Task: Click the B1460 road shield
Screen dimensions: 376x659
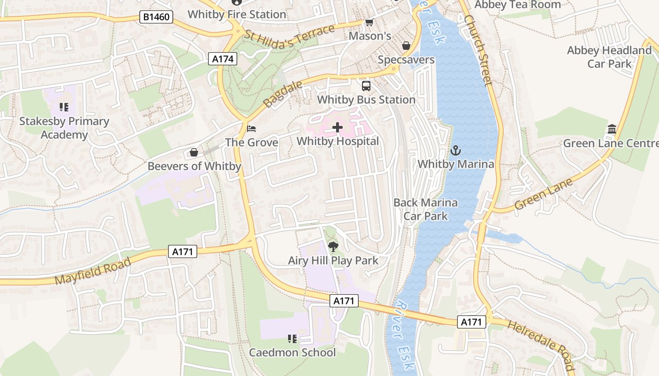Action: pyautogui.click(x=157, y=17)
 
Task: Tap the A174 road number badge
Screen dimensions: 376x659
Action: pyautogui.click(x=223, y=59)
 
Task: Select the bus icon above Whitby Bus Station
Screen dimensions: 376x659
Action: pyautogui.click(x=366, y=86)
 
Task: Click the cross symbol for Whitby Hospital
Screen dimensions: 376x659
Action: pyautogui.click(x=338, y=127)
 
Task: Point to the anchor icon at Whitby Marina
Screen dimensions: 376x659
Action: pyautogui.click(x=455, y=150)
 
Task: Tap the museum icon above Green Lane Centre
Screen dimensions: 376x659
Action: pyautogui.click(x=612, y=129)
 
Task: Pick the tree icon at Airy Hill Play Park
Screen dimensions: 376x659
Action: pyautogui.click(x=333, y=246)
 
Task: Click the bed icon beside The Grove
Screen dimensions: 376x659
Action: pyautogui.click(x=252, y=128)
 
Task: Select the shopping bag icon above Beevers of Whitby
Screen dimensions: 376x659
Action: pyautogui.click(x=193, y=152)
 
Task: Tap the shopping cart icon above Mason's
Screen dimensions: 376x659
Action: pyautogui.click(x=370, y=23)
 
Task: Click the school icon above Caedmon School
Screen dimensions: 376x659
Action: pyautogui.click(x=292, y=338)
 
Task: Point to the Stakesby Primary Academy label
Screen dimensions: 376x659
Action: pyautogui.click(x=64, y=128)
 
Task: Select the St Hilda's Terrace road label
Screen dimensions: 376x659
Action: pyautogui.click(x=290, y=37)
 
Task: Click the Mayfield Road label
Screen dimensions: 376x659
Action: pyautogui.click(x=93, y=271)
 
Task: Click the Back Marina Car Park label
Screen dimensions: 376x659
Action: pyautogui.click(x=426, y=209)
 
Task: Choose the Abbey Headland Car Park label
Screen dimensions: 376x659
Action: pyautogui.click(x=609, y=57)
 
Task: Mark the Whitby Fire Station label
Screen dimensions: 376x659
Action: pyautogui.click(x=237, y=15)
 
